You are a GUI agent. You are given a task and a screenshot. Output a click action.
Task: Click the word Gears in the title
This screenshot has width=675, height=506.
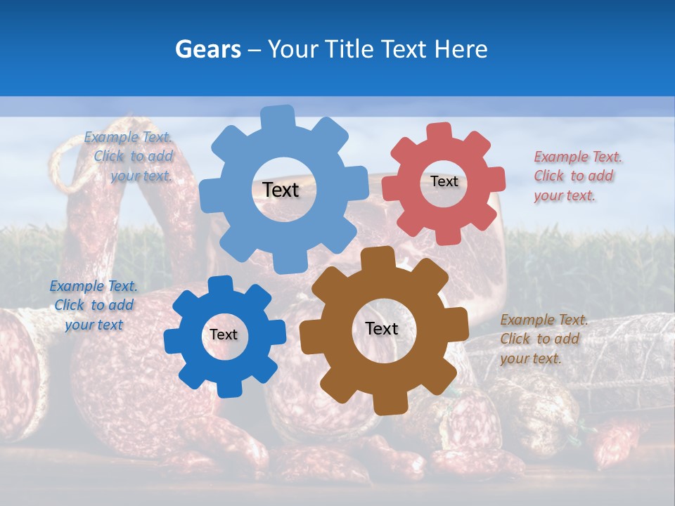pyautogui.click(x=207, y=49)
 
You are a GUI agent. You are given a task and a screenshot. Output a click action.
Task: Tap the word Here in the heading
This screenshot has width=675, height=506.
pyautogui.click(x=461, y=49)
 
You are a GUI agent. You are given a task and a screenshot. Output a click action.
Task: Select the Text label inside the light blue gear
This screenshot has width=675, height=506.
pyautogui.click(x=281, y=190)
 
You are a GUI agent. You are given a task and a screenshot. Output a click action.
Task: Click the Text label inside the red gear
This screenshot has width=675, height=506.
pyautogui.click(x=444, y=181)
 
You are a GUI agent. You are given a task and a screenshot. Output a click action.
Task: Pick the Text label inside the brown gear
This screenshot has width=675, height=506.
pyautogui.click(x=382, y=329)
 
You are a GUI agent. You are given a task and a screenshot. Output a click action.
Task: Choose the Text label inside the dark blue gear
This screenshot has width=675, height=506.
pyautogui.click(x=224, y=335)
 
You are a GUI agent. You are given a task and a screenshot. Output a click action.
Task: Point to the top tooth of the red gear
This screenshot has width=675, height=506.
pyautogui.click(x=439, y=132)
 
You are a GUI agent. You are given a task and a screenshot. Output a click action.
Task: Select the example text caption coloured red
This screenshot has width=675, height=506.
pyautogui.click(x=577, y=176)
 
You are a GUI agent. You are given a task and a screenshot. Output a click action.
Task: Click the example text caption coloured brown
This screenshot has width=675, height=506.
pyautogui.click(x=544, y=339)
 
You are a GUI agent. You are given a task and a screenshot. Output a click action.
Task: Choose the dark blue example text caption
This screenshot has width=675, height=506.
pyautogui.click(x=94, y=305)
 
